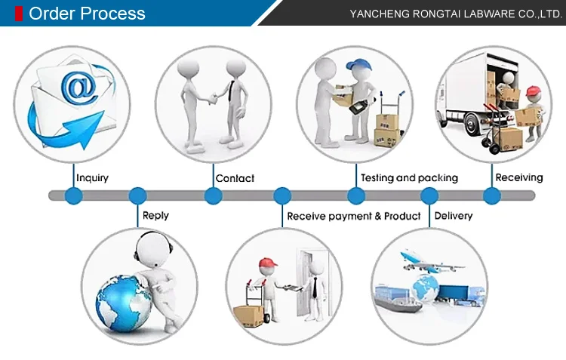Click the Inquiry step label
point(92,178)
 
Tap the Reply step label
point(155,215)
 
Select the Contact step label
point(235,178)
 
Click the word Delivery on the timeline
point(453,216)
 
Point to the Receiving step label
point(518,177)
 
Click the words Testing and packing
point(409,178)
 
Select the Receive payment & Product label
point(353,216)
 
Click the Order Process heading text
point(87,14)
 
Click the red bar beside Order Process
point(19,14)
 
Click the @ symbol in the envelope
point(79,88)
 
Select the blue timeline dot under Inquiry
point(73,196)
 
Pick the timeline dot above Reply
point(137,196)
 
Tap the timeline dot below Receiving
point(492,196)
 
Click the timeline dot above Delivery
point(429,196)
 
